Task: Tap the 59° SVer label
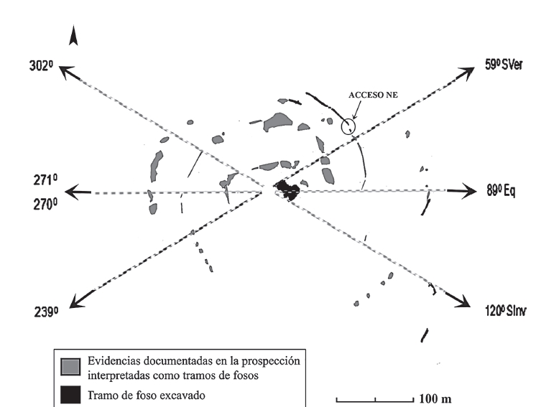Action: pyautogui.click(x=502, y=65)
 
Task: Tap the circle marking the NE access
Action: pyautogui.click(x=348, y=126)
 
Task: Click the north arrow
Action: pyautogui.click(x=73, y=35)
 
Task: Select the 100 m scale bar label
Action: pyautogui.click(x=435, y=398)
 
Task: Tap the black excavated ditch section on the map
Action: pyautogui.click(x=287, y=190)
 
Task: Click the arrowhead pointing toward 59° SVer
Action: pyautogui.click(x=468, y=70)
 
